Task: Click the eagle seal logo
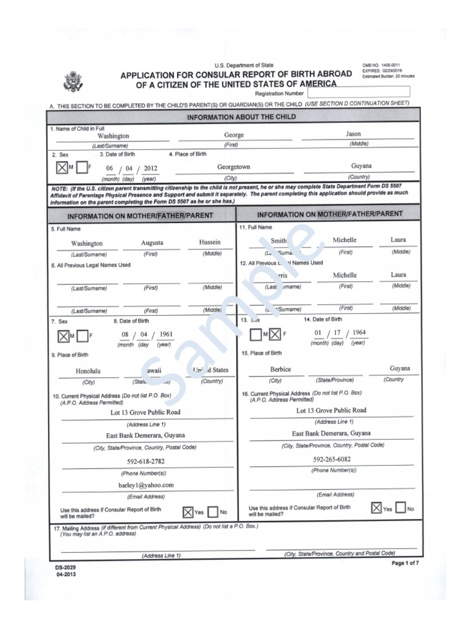click(x=73, y=82)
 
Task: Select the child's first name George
click(x=234, y=135)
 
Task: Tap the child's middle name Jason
click(x=353, y=133)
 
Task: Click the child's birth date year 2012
click(x=151, y=168)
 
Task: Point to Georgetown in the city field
click(x=234, y=167)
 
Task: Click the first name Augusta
click(x=152, y=243)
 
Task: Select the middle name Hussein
click(x=210, y=242)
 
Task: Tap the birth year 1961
click(x=165, y=335)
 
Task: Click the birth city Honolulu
click(x=88, y=371)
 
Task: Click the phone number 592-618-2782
click(x=146, y=461)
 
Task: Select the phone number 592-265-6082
click(x=332, y=459)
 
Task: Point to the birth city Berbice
click(x=280, y=369)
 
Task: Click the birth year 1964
click(x=359, y=332)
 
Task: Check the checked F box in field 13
click(x=275, y=335)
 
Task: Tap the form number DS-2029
click(x=66, y=568)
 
